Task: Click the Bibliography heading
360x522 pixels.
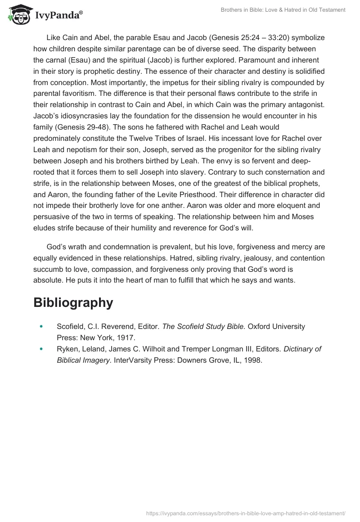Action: click(73, 302)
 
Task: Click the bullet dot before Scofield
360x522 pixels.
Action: click(42, 326)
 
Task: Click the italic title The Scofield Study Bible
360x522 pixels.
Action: click(204, 326)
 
